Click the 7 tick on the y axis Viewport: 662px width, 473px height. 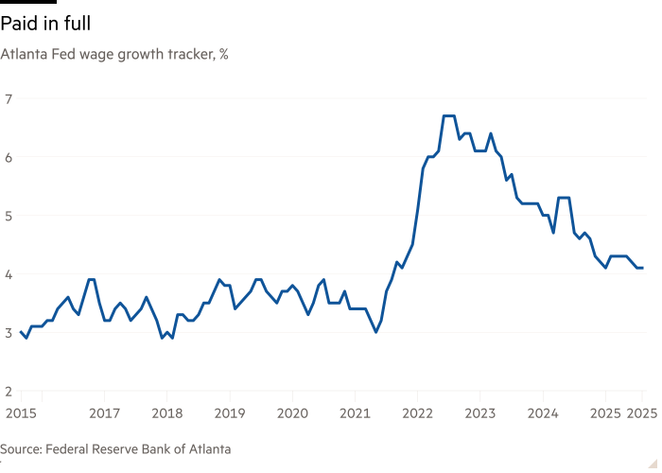[x=9, y=98]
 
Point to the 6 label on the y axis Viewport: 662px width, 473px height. [x=9, y=157]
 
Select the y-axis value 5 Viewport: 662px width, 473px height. [x=9, y=216]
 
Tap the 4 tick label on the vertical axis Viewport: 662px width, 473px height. [x=9, y=274]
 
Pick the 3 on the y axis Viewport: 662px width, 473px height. [x=9, y=333]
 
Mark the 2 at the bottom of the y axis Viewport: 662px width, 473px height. [x=9, y=392]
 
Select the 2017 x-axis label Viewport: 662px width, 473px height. [x=104, y=412]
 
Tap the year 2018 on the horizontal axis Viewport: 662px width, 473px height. [x=166, y=412]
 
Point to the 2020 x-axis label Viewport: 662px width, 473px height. [x=292, y=412]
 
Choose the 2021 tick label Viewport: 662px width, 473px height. [x=355, y=412]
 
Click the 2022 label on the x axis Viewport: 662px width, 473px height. [x=417, y=412]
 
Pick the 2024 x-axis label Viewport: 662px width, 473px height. [x=543, y=412]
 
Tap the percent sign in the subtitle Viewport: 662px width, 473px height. [x=223, y=55]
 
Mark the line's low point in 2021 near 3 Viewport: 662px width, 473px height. [x=376, y=332]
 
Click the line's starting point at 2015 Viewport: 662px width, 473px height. [x=21, y=332]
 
